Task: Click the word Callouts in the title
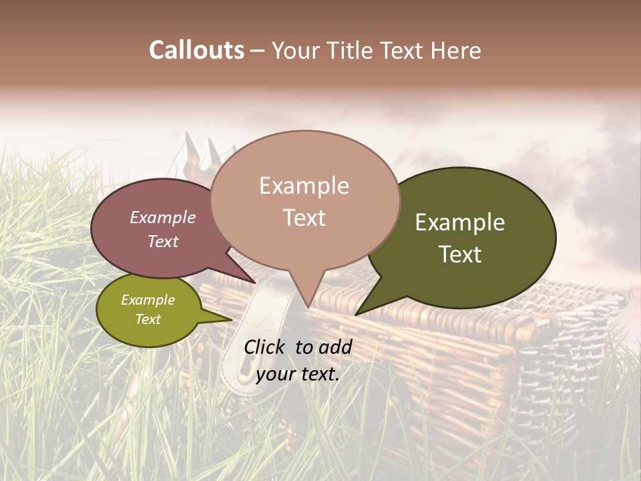coord(196,50)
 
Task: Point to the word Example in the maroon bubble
coord(163,217)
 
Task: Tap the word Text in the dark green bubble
coord(460,255)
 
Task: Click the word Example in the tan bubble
coord(304,186)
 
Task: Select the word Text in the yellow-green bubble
coord(148,319)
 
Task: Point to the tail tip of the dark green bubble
coord(361,311)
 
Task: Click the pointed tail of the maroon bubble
coord(250,279)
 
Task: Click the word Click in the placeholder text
coord(266,347)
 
